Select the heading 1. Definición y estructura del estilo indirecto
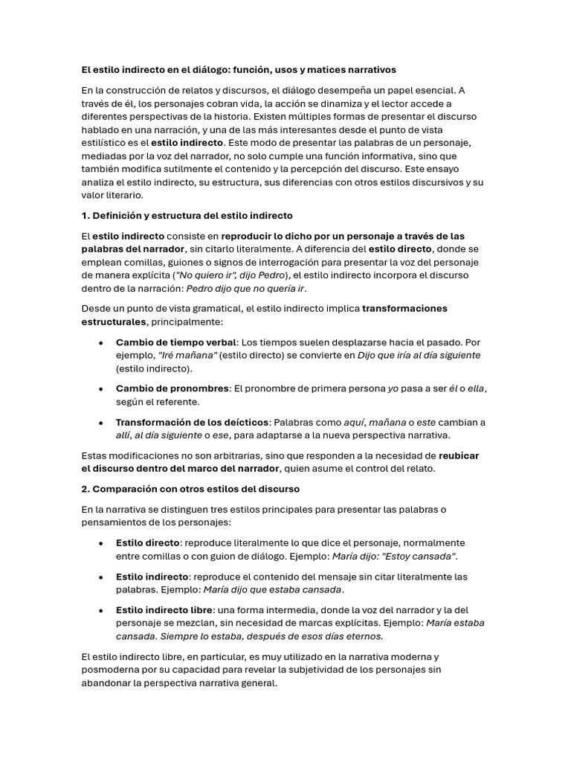[x=187, y=216]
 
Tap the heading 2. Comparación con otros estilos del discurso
[x=190, y=489]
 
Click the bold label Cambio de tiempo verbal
[x=175, y=342]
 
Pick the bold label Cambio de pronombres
[x=172, y=388]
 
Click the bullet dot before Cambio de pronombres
[x=101, y=388]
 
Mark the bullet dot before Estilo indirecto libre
[x=101, y=610]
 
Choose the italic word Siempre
[x=178, y=636]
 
